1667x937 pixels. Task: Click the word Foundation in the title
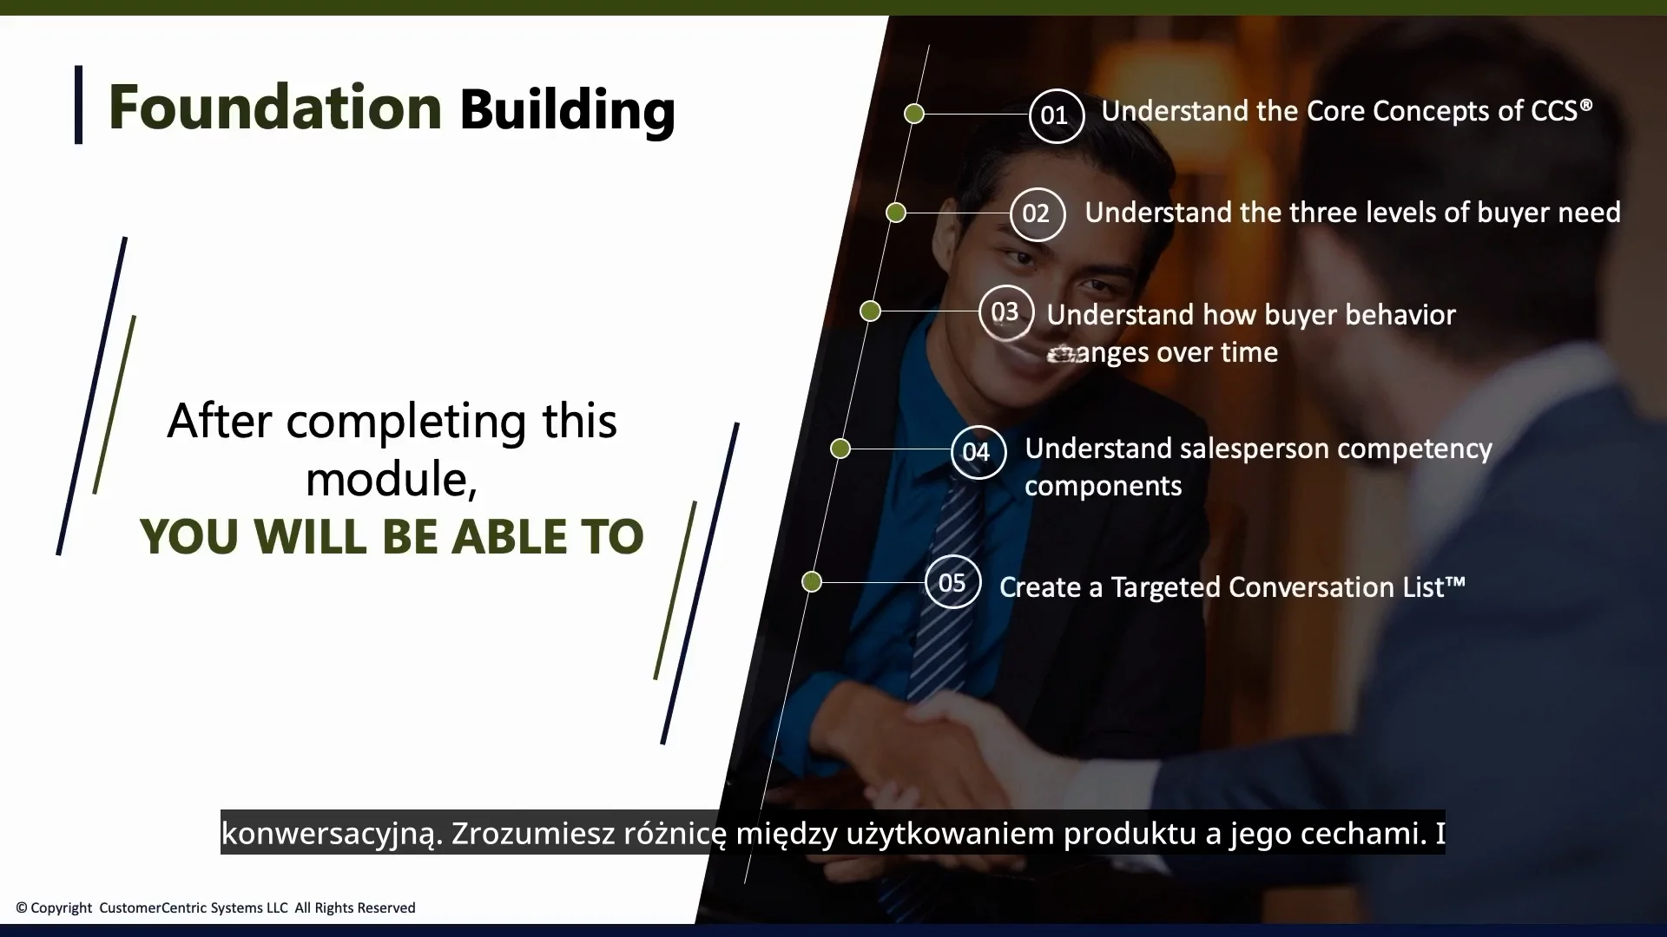click(274, 108)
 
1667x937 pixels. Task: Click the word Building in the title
click(567, 109)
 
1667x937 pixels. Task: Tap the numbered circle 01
click(1056, 115)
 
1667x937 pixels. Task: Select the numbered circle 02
click(1037, 213)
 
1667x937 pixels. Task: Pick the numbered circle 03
click(1005, 312)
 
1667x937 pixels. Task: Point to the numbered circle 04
click(978, 452)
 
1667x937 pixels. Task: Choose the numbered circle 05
click(952, 582)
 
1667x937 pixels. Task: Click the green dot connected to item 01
click(914, 114)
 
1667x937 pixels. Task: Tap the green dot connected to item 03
click(870, 311)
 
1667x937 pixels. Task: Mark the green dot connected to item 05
click(812, 581)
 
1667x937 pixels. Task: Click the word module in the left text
click(388, 479)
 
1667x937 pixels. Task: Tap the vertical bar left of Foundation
click(79, 105)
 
